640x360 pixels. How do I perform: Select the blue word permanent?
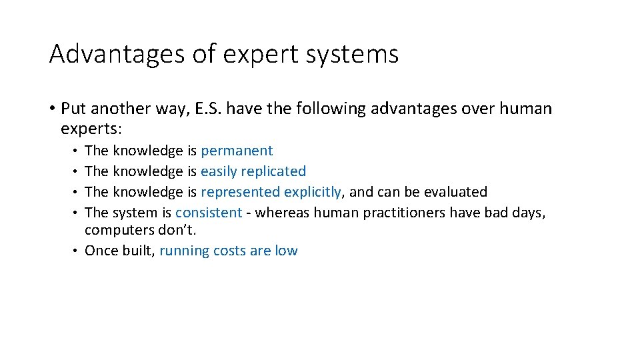(237, 151)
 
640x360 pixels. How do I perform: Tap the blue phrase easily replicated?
(253, 171)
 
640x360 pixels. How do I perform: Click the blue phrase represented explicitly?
(271, 192)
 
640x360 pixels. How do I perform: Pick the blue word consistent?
(209, 213)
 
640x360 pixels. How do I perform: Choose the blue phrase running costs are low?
(229, 251)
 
